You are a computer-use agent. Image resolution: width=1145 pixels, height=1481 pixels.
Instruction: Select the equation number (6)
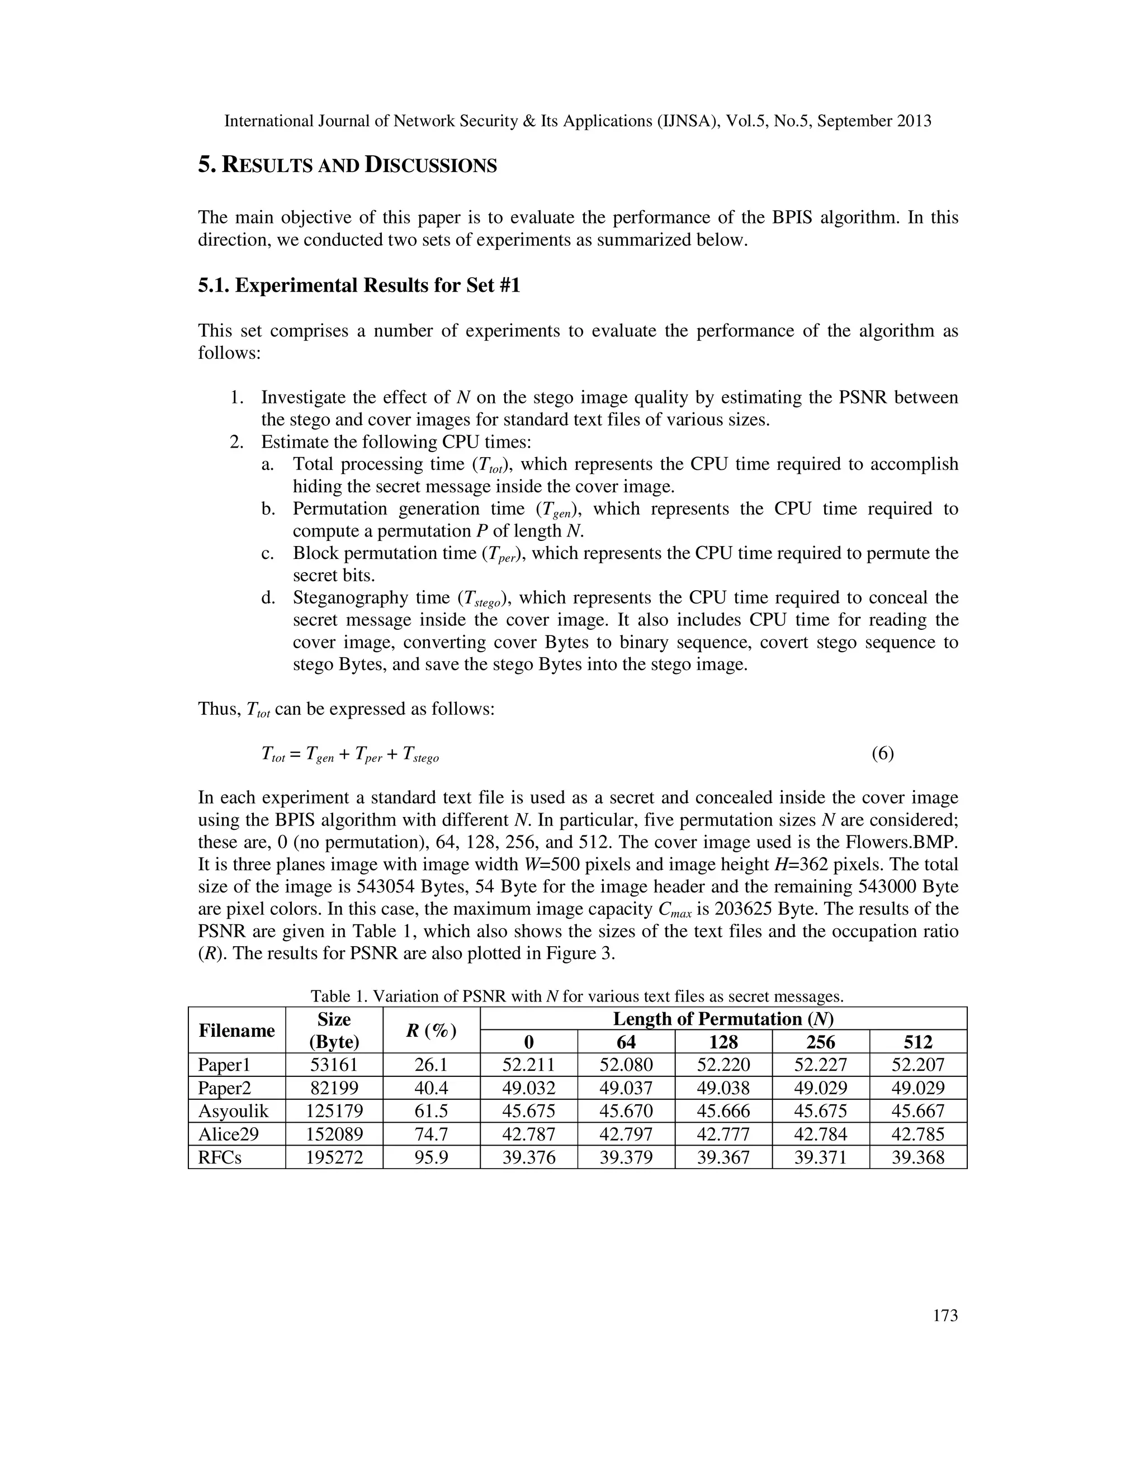point(882,753)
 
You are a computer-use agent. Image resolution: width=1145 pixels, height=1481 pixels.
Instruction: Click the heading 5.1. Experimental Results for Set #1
point(359,286)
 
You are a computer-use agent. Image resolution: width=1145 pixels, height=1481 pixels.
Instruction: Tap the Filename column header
point(236,1031)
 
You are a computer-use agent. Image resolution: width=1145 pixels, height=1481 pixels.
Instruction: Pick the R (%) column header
point(430,1031)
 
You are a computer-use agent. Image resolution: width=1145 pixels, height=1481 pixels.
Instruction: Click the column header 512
point(918,1042)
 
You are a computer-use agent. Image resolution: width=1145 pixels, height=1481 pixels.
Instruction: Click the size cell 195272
point(334,1157)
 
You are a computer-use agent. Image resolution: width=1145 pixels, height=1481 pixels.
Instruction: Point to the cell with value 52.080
point(626,1065)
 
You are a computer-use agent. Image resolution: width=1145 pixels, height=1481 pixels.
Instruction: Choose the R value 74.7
point(430,1134)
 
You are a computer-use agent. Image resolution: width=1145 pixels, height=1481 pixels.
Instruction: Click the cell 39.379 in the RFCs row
point(626,1157)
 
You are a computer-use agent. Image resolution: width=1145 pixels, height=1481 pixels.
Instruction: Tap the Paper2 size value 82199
point(334,1088)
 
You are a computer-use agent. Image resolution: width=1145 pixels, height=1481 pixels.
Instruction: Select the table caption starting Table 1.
point(576,996)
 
